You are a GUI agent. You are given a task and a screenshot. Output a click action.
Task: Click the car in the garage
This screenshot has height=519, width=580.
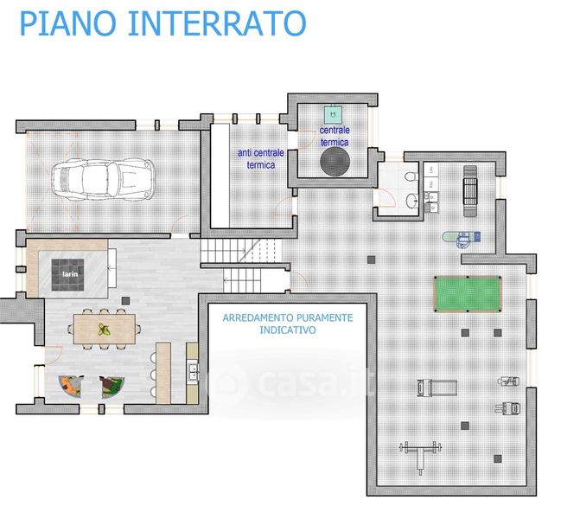[x=103, y=180]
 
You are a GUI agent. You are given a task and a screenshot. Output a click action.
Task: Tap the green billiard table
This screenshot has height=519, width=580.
[x=468, y=294]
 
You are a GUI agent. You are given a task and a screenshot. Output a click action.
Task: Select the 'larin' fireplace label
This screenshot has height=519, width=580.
[x=70, y=274]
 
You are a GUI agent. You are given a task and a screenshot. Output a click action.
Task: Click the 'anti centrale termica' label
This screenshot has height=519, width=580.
[x=261, y=159]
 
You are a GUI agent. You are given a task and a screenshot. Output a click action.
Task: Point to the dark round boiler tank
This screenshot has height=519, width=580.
[x=335, y=161]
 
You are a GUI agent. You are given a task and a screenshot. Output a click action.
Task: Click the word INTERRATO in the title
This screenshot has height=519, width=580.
[x=217, y=23]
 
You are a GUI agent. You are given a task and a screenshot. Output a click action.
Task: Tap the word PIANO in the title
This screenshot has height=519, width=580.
[x=67, y=23]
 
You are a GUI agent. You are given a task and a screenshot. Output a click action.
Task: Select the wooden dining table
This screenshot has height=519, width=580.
[x=105, y=329]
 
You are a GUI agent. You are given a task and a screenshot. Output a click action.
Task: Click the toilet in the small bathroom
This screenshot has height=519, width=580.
[x=411, y=176]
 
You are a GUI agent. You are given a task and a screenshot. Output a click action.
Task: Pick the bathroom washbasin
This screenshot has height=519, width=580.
[x=411, y=202]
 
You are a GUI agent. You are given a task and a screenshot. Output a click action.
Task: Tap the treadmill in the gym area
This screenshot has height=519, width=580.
[x=437, y=388]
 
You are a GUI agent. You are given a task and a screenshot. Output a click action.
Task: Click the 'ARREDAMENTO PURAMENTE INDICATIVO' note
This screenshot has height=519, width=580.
[x=288, y=324]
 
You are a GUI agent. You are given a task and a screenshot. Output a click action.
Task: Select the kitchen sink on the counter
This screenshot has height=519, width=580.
[x=193, y=372]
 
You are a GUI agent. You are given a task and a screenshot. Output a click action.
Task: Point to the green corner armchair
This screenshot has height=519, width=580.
[x=112, y=388]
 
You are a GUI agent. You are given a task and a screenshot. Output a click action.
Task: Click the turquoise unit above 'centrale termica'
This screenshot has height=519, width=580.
[x=333, y=115]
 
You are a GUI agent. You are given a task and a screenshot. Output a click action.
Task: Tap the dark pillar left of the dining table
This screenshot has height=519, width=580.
[x=125, y=301]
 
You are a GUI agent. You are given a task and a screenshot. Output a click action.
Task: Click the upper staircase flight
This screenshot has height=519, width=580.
[x=240, y=251]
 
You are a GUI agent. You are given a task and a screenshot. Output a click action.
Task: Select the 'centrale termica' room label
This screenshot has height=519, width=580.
[x=335, y=136]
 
